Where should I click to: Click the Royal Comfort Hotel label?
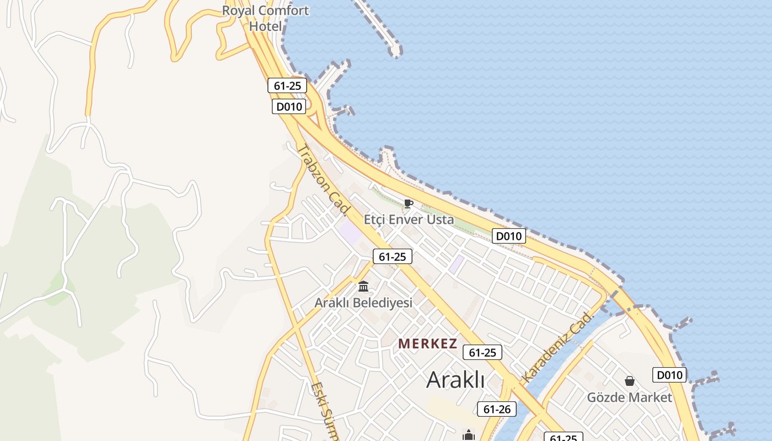tap(265, 18)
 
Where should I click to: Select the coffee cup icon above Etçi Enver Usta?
tap(409, 204)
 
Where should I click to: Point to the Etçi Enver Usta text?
tap(409, 219)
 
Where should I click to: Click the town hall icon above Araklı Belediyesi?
tap(363, 287)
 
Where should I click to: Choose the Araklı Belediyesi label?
tap(363, 303)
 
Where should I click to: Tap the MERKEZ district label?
tap(427, 344)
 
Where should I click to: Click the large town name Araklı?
tap(455, 379)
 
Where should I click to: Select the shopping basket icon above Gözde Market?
tap(630, 381)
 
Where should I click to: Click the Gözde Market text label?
tap(630, 397)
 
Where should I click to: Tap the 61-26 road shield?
tap(497, 409)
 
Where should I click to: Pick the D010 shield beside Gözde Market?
tap(669, 375)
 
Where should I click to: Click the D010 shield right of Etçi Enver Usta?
tap(509, 236)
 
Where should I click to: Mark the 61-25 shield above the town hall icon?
tap(393, 256)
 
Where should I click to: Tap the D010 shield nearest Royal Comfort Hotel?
tap(289, 106)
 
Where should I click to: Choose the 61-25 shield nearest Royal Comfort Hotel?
tap(287, 85)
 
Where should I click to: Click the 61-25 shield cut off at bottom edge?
tap(564, 437)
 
